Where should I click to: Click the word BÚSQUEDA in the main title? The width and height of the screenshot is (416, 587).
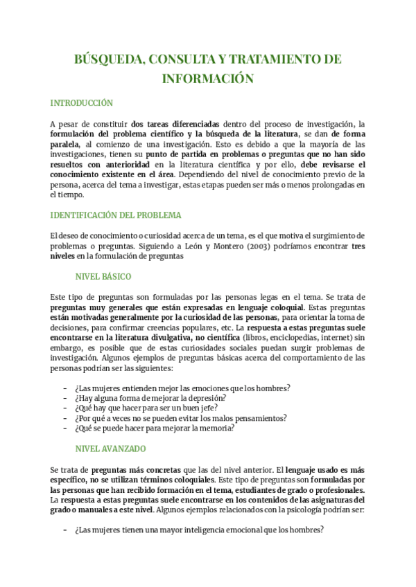(107, 60)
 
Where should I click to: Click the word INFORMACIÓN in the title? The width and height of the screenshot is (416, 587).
(207, 79)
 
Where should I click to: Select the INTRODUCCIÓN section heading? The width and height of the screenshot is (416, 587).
(81, 103)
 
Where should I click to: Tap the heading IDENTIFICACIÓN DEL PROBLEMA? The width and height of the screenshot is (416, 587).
(116, 215)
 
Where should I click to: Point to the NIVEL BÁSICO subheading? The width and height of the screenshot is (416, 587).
(103, 276)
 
